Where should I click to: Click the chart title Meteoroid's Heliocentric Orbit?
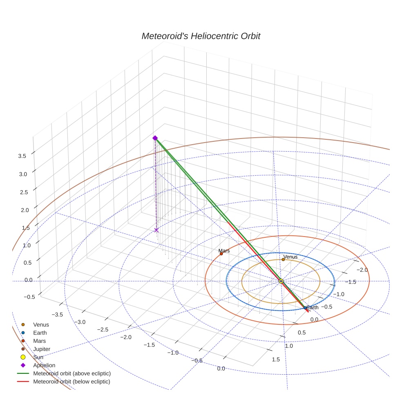pos(201,36)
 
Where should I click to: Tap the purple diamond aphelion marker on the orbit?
pos(155,138)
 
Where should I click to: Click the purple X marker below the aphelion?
pos(156,230)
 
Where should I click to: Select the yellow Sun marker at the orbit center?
pos(281,281)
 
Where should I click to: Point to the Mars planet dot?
pos(221,254)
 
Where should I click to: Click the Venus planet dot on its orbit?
pos(283,259)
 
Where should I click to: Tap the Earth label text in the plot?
pos(313,307)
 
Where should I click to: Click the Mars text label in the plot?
pos(224,251)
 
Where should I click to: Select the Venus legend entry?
pos(41,325)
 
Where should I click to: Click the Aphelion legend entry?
pos(44,365)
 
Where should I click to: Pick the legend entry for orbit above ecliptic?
pos(72,373)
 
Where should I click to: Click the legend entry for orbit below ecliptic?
pos(72,382)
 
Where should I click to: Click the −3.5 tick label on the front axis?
pos(57,314)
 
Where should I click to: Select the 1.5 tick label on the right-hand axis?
pos(276,359)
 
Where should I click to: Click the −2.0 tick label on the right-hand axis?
pos(362,270)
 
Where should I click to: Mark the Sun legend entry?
pos(38,357)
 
